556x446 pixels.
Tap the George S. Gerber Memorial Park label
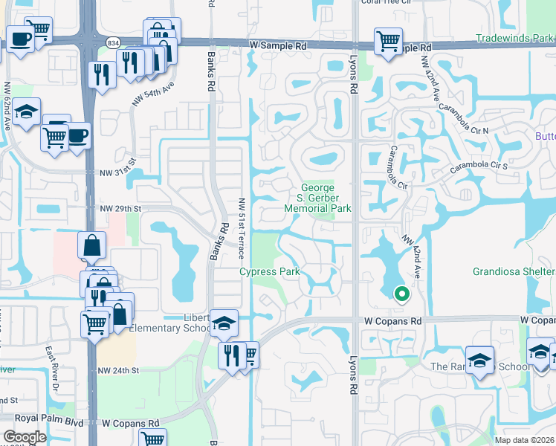(x=317, y=198)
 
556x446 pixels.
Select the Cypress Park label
(x=269, y=272)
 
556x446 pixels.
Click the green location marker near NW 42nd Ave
(x=402, y=294)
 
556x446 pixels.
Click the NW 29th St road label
(x=120, y=210)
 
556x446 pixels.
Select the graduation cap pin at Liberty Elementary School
(x=224, y=323)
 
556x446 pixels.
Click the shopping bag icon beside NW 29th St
(x=91, y=245)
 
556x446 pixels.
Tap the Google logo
(x=25, y=437)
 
